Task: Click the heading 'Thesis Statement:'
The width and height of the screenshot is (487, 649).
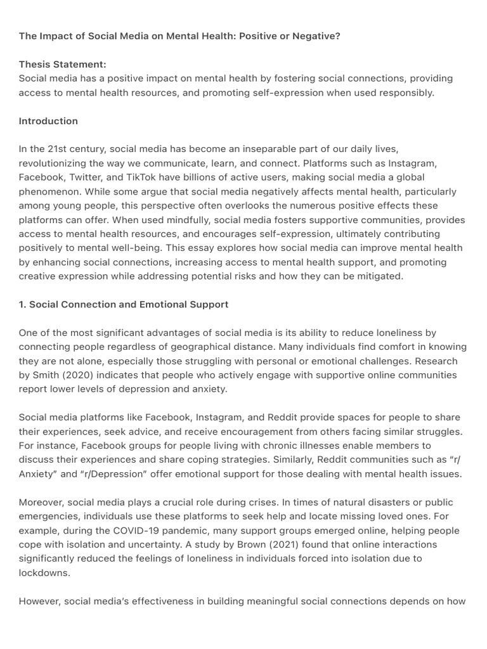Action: [x=63, y=64]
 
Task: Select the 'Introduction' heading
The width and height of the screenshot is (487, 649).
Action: [x=48, y=121]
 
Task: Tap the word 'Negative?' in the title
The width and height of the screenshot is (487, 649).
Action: [x=318, y=36]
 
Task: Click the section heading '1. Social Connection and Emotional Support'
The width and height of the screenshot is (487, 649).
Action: [x=124, y=304]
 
